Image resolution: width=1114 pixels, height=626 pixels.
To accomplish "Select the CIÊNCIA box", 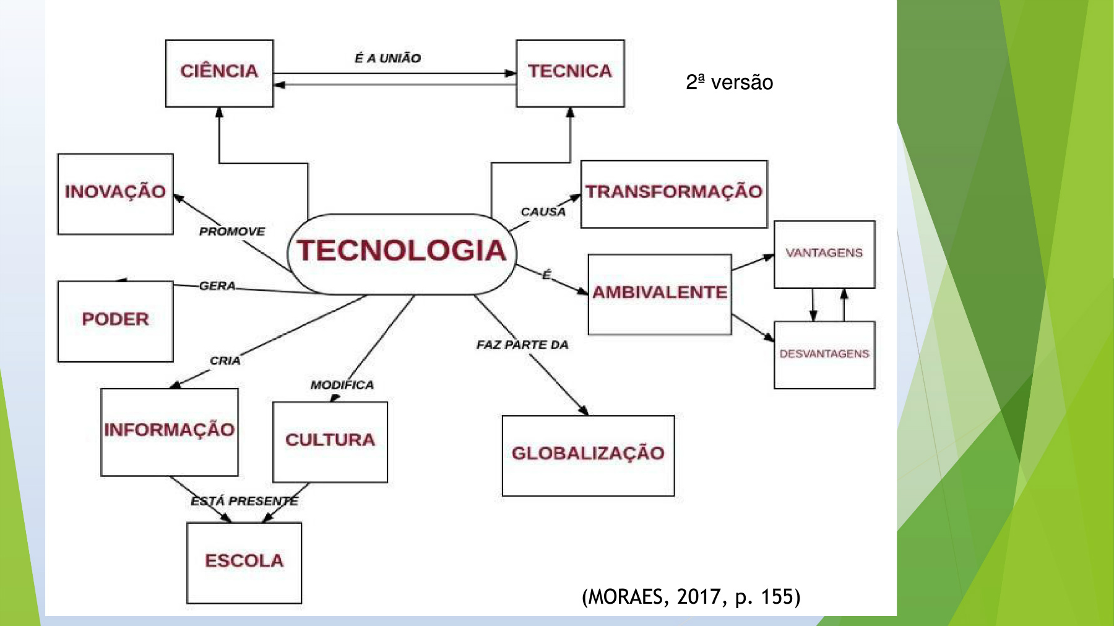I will coord(219,73).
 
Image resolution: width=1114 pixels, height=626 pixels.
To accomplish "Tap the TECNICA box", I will coord(570,73).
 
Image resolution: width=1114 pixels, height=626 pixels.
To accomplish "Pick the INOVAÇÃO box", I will coord(115,194).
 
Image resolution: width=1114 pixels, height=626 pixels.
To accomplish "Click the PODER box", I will coord(115,321).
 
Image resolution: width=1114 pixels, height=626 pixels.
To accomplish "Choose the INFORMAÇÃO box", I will coord(169,432).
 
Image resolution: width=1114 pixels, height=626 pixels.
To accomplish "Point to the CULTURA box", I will coord(330,442).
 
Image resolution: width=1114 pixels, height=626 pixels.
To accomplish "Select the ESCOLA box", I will coord(244,562).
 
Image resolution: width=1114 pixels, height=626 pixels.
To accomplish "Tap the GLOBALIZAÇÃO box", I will coord(588,455).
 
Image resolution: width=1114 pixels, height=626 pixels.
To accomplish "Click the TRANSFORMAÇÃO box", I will coord(674,194).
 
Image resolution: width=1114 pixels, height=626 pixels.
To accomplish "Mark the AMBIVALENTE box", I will coord(660,294).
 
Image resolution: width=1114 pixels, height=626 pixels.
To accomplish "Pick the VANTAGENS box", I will coord(824,254).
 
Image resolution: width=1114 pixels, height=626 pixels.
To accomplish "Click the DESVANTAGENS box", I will coord(824,354).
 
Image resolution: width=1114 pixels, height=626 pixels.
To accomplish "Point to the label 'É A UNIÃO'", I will coord(387,58).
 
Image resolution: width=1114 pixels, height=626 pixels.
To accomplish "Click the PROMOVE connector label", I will coord(231,231).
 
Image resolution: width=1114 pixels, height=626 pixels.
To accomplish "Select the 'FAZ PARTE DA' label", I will coord(522,345).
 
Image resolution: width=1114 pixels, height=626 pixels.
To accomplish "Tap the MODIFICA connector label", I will coord(342,385).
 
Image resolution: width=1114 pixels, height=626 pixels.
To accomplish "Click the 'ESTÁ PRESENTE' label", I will coord(244,500).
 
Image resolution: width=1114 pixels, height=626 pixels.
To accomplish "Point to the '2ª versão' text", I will coord(729,82).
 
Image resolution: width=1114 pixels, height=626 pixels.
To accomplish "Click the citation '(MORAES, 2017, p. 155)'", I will coord(691,597).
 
